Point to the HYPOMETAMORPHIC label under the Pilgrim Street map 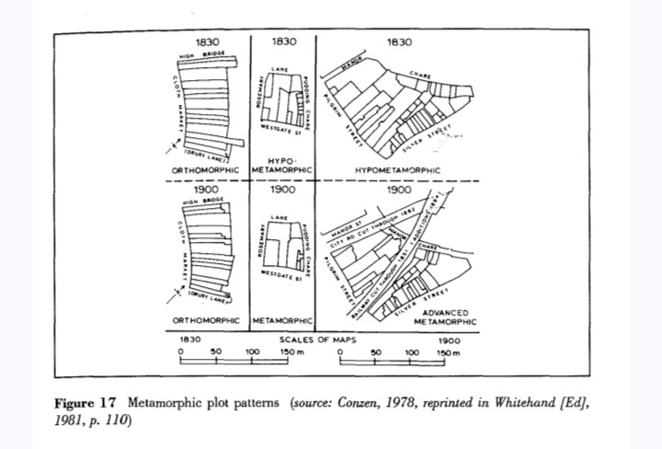point(396,169)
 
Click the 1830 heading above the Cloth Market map point(209,42)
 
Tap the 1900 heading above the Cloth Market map point(209,189)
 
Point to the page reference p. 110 point(113,420)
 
